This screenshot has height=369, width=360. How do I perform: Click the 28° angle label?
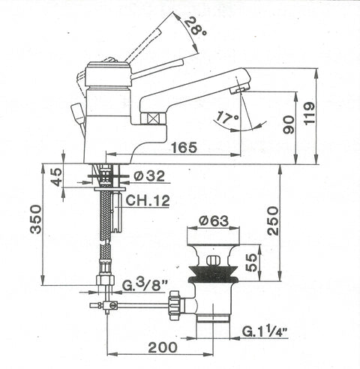point(196,26)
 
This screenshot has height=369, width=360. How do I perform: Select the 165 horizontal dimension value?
point(184,147)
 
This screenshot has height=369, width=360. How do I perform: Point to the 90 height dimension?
point(289,124)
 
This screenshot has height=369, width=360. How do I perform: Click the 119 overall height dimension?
point(309,113)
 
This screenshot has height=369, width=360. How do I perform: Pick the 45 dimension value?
point(57,177)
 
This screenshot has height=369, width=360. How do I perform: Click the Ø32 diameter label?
point(149,176)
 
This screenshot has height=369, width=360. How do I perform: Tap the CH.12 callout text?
point(148,200)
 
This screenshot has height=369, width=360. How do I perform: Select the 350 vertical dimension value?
point(36,219)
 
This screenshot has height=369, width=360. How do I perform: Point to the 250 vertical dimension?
point(272,220)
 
